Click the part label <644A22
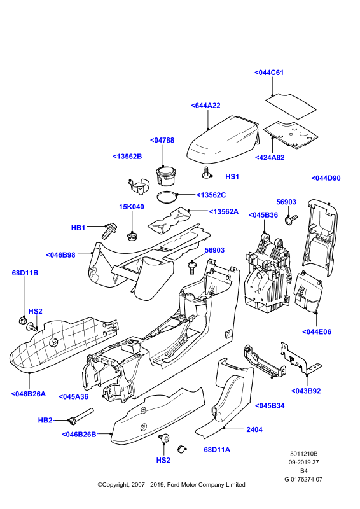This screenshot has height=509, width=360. click(x=205, y=106)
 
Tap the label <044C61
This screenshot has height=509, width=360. click(x=269, y=73)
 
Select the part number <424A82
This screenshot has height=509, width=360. click(x=270, y=157)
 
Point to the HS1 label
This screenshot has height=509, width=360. click(x=232, y=177)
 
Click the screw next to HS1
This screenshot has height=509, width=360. click(x=206, y=172)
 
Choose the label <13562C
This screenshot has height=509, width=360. click(x=211, y=195)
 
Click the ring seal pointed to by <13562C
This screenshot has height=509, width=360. click(x=167, y=197)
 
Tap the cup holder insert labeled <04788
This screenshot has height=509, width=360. click(x=166, y=176)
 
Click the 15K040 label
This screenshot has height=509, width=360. click(x=132, y=207)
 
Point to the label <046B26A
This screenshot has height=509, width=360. click(x=29, y=394)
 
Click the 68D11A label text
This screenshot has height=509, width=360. click(x=217, y=450)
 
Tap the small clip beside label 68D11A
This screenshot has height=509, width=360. click(x=181, y=449)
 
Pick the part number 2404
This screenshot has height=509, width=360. click(x=254, y=430)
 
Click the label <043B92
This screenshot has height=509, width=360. click(x=306, y=391)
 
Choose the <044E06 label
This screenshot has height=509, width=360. click(x=317, y=331)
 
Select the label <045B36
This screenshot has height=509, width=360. click(x=263, y=215)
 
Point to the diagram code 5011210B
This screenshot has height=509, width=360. click(x=304, y=454)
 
